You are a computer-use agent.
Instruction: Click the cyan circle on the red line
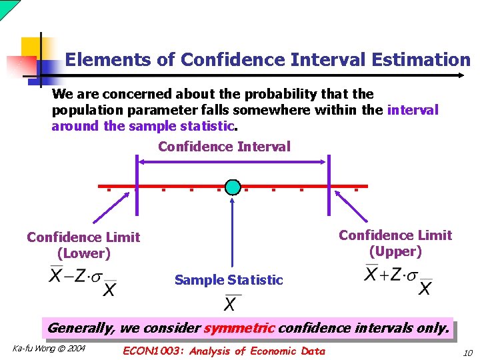[x=233, y=187]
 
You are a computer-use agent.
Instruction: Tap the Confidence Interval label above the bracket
[x=224, y=147]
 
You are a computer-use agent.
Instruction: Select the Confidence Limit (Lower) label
[x=83, y=245]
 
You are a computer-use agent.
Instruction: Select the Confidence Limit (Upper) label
[x=395, y=243]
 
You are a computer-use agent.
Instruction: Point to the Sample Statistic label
[x=229, y=280]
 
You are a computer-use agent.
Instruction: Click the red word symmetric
[x=239, y=328]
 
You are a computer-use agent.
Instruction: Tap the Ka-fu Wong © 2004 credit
[x=49, y=349]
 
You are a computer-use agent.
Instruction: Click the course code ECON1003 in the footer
[x=153, y=351]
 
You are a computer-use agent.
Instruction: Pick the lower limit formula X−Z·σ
[x=83, y=281]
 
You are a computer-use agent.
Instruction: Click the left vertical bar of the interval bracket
[x=137, y=185]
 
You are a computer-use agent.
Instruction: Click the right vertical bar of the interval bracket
[x=328, y=185]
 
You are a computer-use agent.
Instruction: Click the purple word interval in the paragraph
[x=413, y=110]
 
